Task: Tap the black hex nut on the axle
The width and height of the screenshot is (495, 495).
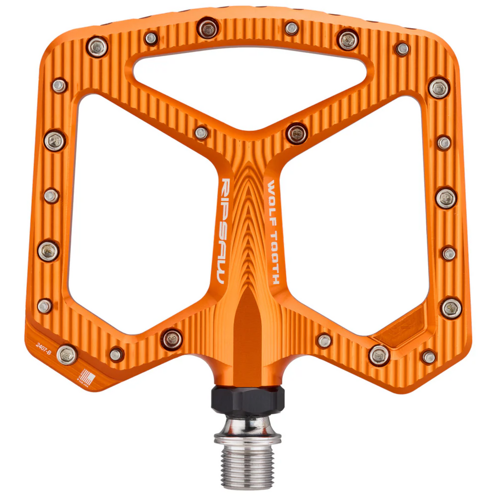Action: click(247, 397)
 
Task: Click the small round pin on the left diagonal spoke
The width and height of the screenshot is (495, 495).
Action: click(201, 133)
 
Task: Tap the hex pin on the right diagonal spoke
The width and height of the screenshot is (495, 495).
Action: click(297, 133)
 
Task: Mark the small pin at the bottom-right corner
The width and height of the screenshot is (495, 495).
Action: click(429, 357)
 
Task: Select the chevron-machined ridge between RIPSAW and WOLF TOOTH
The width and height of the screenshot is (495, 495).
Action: click(248, 223)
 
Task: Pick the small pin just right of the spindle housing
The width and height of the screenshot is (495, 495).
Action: click(324, 340)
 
